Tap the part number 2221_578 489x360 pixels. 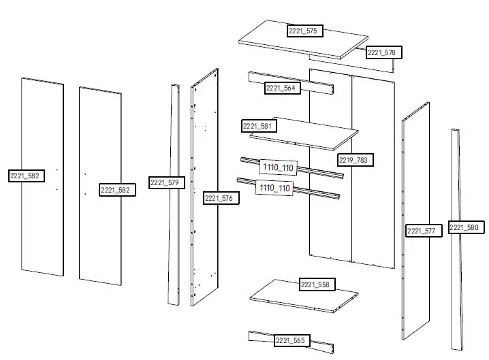(x=384, y=52)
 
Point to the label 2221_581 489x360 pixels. (x=258, y=127)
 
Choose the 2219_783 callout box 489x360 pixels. (x=356, y=160)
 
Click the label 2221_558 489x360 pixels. (x=317, y=284)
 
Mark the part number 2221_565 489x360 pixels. (x=291, y=340)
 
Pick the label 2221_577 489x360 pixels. (x=423, y=231)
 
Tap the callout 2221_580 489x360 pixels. (x=466, y=227)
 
